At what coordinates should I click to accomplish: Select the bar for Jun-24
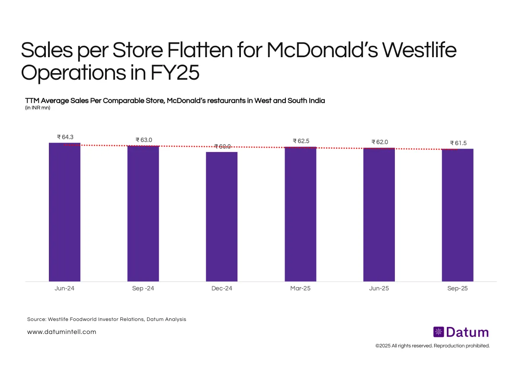click(x=64, y=212)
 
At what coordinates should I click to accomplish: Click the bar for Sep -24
click(x=143, y=214)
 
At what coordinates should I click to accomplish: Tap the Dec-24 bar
click(x=221, y=217)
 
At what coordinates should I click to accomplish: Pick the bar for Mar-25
click(x=300, y=214)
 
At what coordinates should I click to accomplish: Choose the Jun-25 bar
click(x=379, y=215)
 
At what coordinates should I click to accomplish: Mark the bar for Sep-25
click(x=458, y=215)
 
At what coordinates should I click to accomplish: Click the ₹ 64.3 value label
click(x=65, y=137)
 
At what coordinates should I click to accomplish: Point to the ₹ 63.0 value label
click(x=144, y=140)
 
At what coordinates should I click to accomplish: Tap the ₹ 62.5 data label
click(x=301, y=141)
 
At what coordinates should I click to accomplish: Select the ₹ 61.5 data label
click(x=458, y=143)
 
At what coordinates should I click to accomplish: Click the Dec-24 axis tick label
click(x=221, y=288)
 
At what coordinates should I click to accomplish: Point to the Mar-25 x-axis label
click(x=300, y=288)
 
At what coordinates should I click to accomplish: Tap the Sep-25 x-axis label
click(x=458, y=288)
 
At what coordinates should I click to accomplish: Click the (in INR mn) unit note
click(x=38, y=108)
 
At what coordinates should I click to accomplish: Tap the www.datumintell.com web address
click(x=61, y=332)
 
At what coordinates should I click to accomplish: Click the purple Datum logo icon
click(x=439, y=332)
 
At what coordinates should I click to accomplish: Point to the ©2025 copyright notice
click(x=432, y=346)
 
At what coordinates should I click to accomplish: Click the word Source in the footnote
click(x=36, y=319)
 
